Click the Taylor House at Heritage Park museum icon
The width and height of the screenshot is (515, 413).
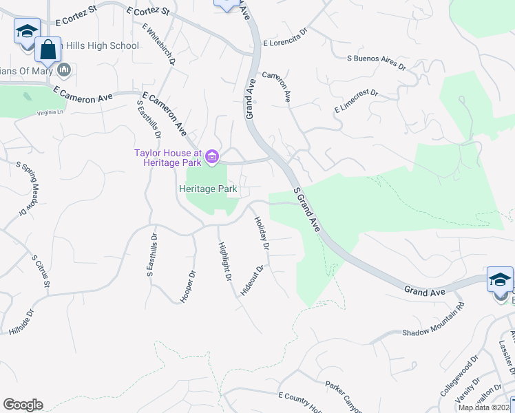tap(211, 158)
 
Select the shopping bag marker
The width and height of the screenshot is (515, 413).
tap(48, 50)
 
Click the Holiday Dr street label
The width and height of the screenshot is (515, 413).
tap(261, 232)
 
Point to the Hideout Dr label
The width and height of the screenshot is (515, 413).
tap(252, 281)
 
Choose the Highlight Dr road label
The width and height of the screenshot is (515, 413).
tap(224, 262)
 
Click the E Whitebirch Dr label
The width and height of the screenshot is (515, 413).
tap(159, 45)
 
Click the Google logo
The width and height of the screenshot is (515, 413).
tap(23, 405)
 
